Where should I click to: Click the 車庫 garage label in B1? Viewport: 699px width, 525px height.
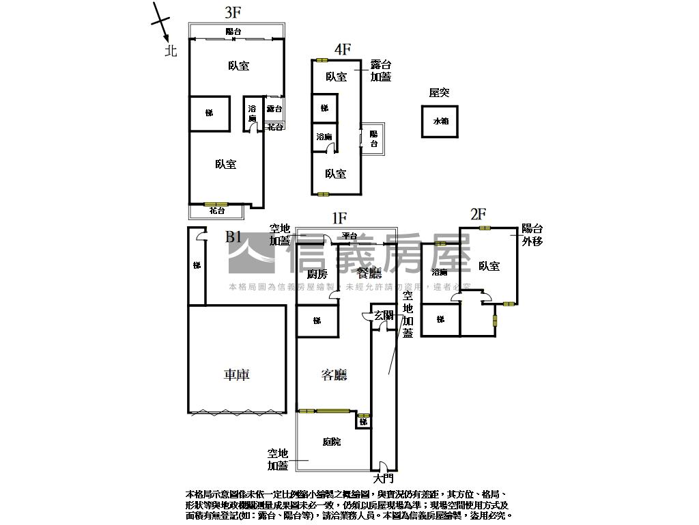tap(236, 375)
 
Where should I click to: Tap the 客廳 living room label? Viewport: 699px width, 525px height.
tap(334, 375)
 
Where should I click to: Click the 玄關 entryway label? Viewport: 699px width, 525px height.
tap(383, 315)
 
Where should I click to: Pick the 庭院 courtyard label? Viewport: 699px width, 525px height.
tap(332, 442)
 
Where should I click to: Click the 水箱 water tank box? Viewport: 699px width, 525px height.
tap(440, 122)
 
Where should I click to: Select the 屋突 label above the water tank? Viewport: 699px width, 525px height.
tap(439, 93)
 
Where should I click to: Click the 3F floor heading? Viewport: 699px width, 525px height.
tap(233, 12)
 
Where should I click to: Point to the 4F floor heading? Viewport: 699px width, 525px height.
tap(342, 49)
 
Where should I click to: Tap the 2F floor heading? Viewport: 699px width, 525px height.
tap(479, 215)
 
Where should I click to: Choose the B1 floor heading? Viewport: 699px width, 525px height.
tap(233, 237)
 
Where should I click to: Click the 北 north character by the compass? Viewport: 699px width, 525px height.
tap(171, 51)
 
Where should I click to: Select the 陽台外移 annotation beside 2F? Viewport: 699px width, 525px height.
tap(532, 234)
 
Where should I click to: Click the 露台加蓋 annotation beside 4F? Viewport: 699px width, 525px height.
tap(380, 71)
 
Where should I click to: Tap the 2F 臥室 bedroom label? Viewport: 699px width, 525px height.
tap(489, 266)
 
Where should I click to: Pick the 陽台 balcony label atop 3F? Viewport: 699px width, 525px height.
tap(233, 31)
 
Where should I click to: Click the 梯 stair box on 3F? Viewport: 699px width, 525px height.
tap(209, 113)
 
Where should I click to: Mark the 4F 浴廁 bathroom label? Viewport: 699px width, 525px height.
tap(324, 137)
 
